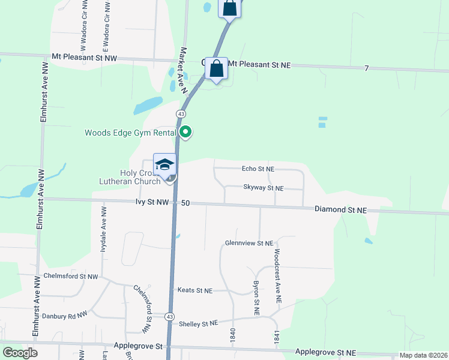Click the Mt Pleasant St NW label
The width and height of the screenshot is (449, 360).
point(85,58)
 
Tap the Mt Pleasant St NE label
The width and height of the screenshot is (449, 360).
point(260,64)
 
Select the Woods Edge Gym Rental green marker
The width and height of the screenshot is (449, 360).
point(186,132)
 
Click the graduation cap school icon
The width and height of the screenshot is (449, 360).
point(164,164)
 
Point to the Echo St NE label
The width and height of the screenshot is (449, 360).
point(258,170)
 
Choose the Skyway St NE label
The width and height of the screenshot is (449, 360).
point(263,188)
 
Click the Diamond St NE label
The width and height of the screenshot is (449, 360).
point(340,209)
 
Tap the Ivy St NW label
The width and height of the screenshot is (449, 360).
point(152,203)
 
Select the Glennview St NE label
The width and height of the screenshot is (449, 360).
point(249,243)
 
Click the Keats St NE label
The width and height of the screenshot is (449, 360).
point(195,290)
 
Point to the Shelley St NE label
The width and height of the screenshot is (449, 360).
point(198,324)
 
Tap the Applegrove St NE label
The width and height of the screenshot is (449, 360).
point(325,352)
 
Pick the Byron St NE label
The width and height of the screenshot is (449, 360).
point(256,298)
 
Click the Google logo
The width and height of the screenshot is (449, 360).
point(20,353)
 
